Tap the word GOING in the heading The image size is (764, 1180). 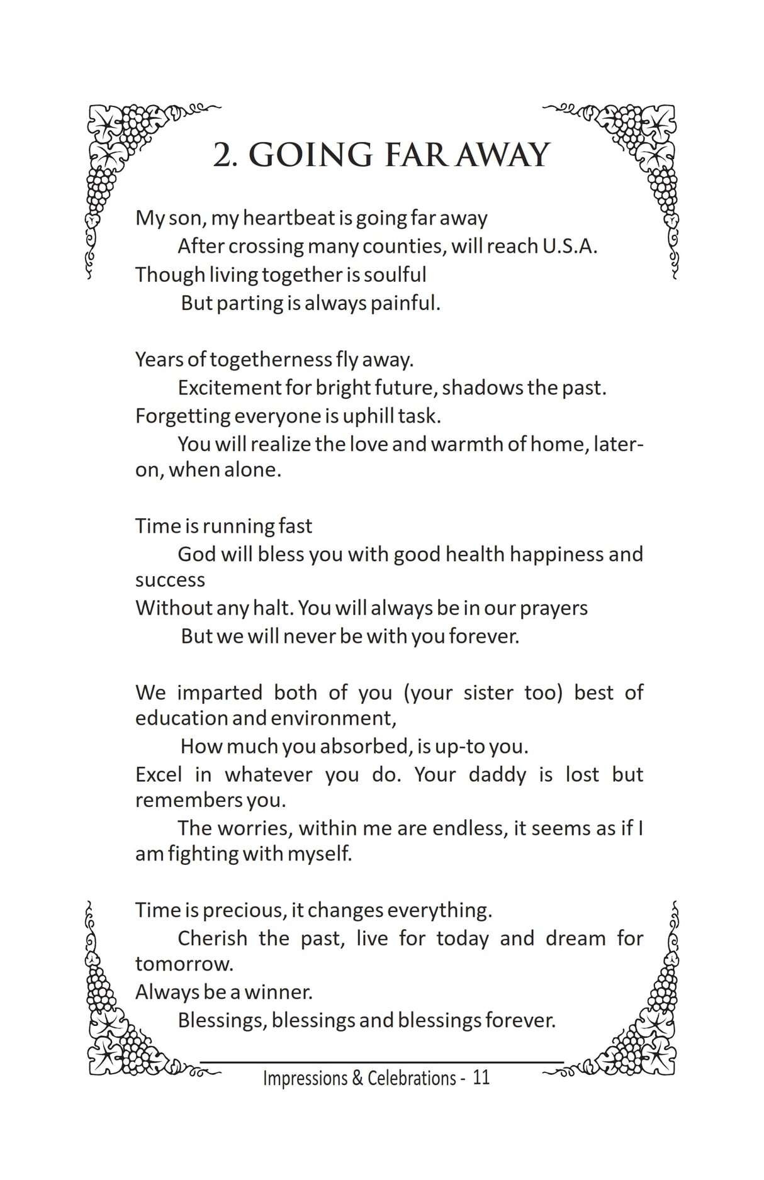311,155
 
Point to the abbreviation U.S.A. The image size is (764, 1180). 570,246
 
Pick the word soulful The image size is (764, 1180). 395,275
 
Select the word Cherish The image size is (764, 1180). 212,938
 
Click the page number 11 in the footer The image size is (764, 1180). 481,1078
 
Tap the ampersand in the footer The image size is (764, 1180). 357,1078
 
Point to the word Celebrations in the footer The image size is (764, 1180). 412,1078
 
